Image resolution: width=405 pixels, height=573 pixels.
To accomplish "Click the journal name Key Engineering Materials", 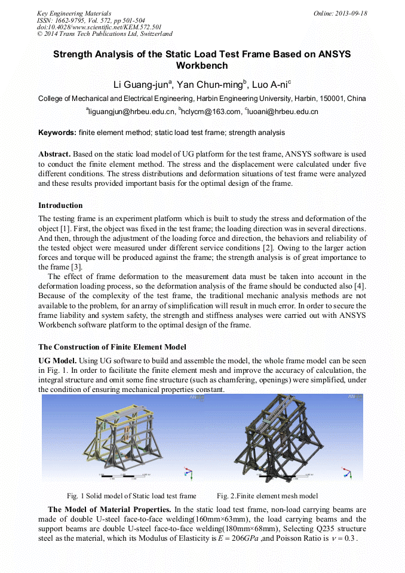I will click(74, 13).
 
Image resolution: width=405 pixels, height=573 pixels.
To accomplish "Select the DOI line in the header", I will click(99, 27).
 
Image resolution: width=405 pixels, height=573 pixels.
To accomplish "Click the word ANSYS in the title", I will click(326, 54).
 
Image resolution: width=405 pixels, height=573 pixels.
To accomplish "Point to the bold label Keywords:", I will click(57, 133).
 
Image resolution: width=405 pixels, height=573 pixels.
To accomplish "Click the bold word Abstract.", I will click(57, 154).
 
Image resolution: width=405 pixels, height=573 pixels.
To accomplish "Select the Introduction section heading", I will click(60, 206).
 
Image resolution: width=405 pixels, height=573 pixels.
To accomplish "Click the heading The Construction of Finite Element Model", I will click(112, 347).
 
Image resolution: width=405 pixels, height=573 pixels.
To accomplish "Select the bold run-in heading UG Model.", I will click(57, 361).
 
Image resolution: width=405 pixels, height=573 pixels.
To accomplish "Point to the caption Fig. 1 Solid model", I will click(131, 496).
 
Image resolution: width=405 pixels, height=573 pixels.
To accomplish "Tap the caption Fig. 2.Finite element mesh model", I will click(267, 496).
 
